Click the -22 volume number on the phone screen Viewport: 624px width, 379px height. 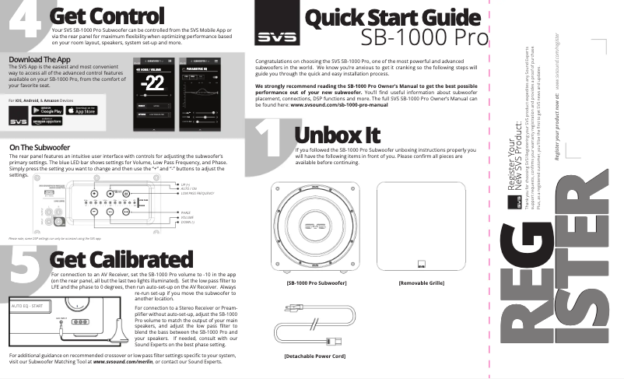tap(153, 85)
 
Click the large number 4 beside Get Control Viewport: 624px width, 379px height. tap(25, 22)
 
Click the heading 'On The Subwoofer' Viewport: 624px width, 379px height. tap(41, 146)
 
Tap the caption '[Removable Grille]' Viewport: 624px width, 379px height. tap(420, 283)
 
